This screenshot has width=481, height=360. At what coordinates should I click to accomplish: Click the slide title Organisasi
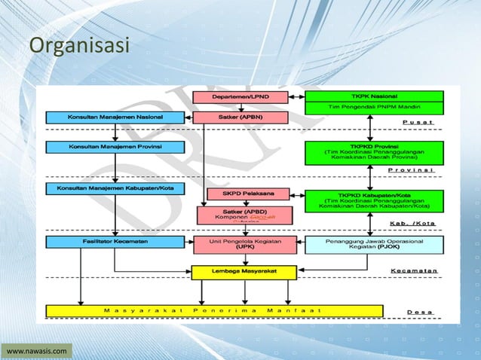tap(79, 47)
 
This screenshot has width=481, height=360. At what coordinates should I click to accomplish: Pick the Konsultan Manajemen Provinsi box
tap(112, 145)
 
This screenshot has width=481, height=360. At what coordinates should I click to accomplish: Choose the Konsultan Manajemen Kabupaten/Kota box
tap(112, 187)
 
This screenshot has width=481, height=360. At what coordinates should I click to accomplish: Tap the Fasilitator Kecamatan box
tap(112, 242)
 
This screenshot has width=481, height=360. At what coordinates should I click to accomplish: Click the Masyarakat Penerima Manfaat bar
tap(214, 310)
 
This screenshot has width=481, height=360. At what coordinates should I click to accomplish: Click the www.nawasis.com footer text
tap(37, 350)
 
